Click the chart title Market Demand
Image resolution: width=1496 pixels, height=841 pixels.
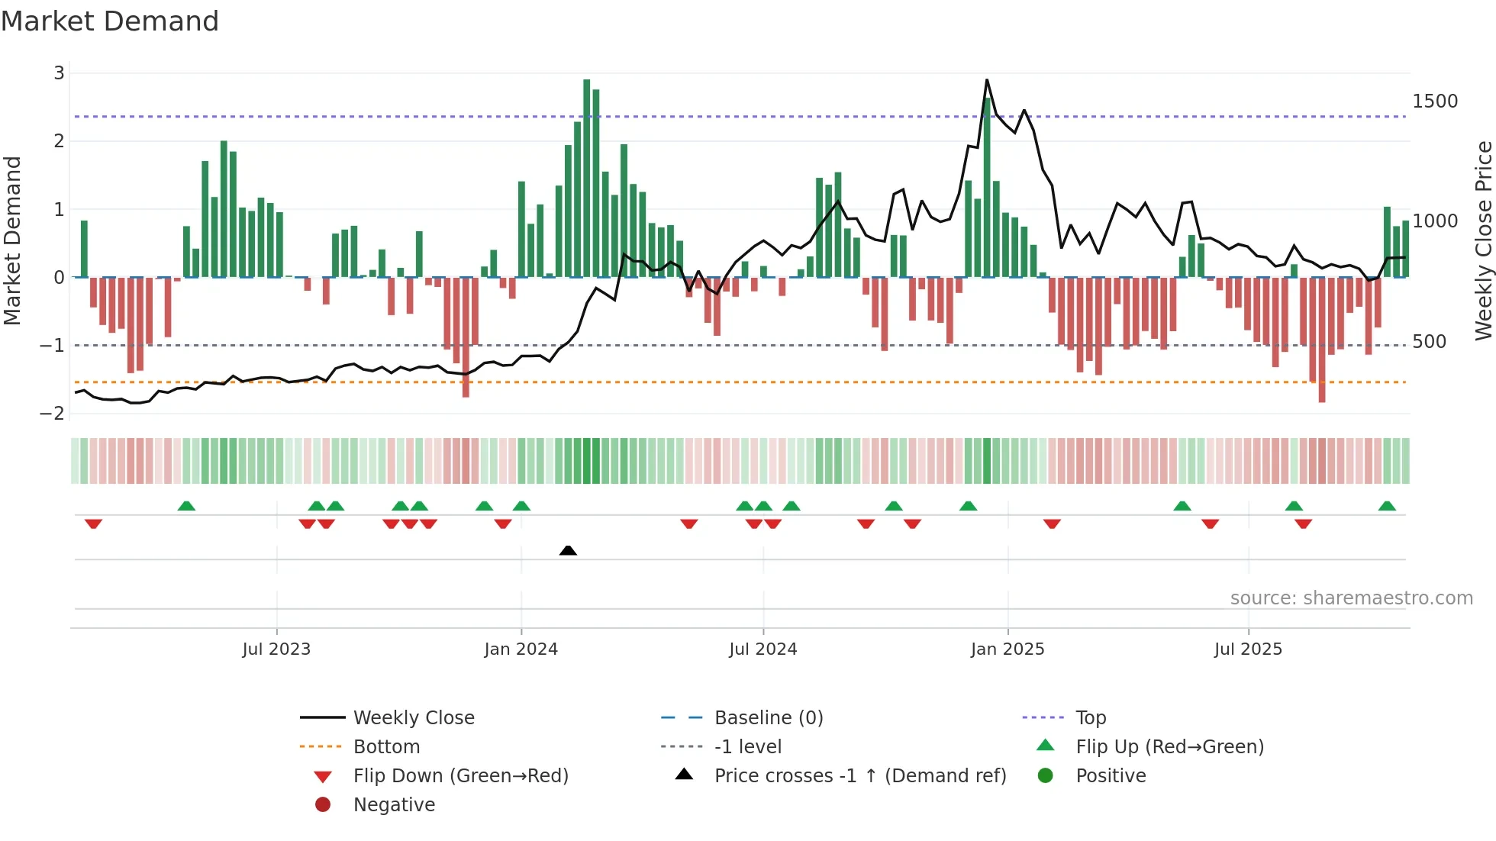pyautogui.click(x=110, y=21)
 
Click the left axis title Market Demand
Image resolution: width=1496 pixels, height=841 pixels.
pyautogui.click(x=12, y=241)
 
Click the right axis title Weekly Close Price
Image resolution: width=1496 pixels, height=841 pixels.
pyautogui.click(x=1483, y=241)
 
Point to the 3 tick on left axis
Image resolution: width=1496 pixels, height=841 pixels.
pyautogui.click(x=59, y=73)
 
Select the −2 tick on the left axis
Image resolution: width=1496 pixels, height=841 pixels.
pyautogui.click(x=53, y=414)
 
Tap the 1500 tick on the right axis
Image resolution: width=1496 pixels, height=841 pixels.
pyautogui.click(x=1435, y=101)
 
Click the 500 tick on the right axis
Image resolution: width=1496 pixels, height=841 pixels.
pyautogui.click(x=1429, y=342)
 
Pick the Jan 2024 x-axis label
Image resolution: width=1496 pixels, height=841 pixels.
pyautogui.click(x=521, y=649)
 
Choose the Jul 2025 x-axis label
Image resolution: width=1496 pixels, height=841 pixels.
pyautogui.click(x=1248, y=649)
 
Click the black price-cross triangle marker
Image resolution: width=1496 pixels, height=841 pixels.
pyautogui.click(x=568, y=550)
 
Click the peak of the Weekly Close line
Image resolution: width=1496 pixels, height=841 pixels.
pyautogui.click(x=987, y=80)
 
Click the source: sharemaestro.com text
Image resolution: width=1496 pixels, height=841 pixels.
pyautogui.click(x=1351, y=598)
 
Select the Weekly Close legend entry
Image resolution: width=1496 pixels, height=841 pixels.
pyautogui.click(x=413, y=718)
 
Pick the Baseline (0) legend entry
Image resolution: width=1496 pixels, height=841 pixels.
pyautogui.click(x=768, y=718)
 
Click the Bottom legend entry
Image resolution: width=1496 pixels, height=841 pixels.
pyautogui.click(x=386, y=747)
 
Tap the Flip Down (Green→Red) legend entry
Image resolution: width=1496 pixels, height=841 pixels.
pyautogui.click(x=460, y=776)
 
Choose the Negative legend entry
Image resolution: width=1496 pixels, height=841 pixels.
pyautogui.click(x=394, y=805)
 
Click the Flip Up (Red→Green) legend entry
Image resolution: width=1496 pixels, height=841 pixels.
pyautogui.click(x=1169, y=747)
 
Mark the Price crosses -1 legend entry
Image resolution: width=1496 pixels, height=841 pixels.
pyautogui.click(x=859, y=776)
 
